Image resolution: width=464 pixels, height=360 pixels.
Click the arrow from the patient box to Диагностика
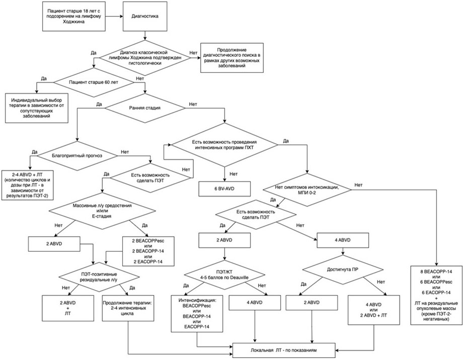[x=114, y=16]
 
